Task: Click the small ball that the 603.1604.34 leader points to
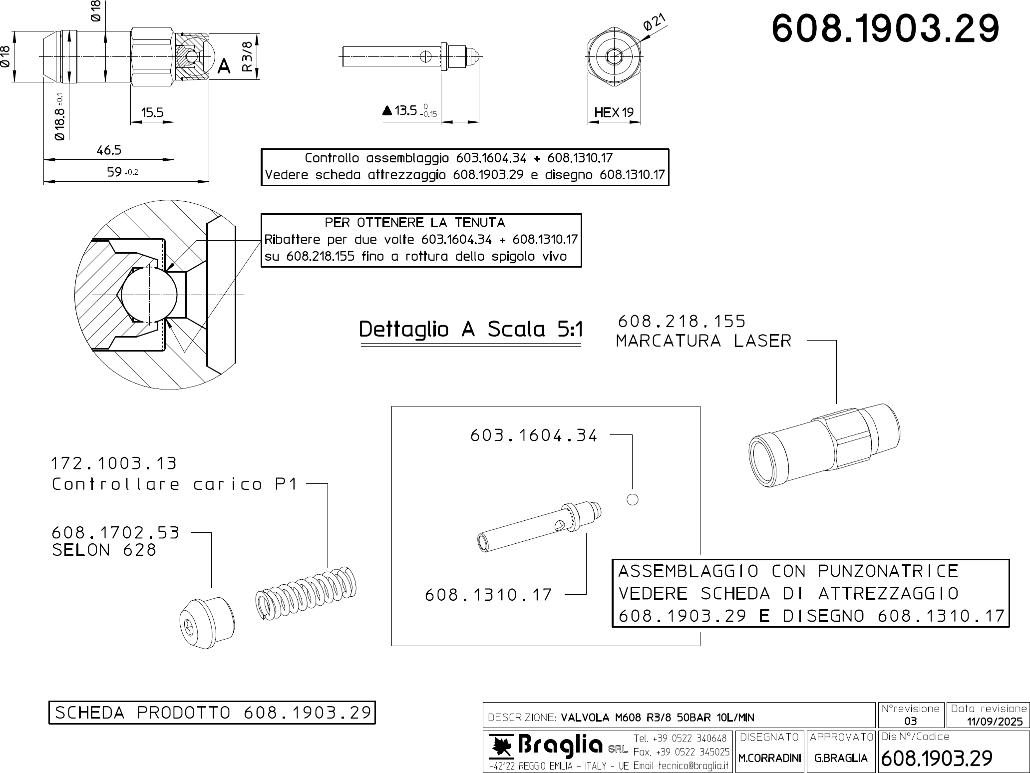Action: (632, 499)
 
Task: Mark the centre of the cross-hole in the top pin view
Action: (425, 56)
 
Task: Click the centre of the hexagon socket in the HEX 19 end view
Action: (614, 56)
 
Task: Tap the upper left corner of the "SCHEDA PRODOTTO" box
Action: (49, 702)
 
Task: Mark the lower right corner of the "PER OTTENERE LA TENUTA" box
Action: (582, 267)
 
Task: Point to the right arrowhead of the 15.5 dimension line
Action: (170, 122)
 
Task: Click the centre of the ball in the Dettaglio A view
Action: (149, 294)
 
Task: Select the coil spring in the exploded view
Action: (306, 593)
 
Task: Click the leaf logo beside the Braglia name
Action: (501, 746)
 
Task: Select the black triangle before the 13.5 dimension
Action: (387, 111)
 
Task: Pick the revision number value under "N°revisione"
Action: (910, 721)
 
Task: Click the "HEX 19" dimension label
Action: (614, 112)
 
